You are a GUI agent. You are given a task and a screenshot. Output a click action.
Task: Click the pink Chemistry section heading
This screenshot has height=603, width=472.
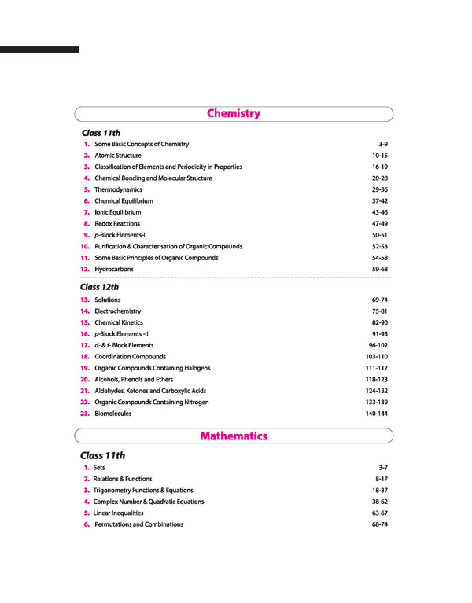[234, 113]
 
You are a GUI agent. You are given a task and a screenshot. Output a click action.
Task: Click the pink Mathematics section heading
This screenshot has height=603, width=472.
[234, 436]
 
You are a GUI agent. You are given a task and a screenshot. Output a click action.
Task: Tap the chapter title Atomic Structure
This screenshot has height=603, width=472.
[118, 156]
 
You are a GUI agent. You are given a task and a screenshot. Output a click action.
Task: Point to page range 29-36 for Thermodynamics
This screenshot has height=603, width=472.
[380, 189]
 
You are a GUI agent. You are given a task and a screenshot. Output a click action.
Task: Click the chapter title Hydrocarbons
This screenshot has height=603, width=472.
[114, 269]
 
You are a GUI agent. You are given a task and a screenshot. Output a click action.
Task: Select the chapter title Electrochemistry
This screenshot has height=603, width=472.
[118, 311]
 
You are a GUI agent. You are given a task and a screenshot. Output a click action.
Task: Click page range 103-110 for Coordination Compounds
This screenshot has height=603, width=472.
[377, 357]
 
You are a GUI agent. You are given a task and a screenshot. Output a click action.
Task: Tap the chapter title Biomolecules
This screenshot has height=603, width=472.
[113, 414]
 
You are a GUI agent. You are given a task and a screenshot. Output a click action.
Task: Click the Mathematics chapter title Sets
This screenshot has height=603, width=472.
[99, 468]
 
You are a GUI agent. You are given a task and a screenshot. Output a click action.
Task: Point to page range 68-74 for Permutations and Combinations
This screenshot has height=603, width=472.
[380, 524]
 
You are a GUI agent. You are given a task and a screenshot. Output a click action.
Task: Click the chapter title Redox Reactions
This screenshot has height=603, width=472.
[117, 224]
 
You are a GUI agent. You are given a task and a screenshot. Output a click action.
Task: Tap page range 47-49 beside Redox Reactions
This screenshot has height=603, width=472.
[380, 224]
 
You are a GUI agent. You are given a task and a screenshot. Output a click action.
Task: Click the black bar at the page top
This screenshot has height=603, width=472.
[39, 50]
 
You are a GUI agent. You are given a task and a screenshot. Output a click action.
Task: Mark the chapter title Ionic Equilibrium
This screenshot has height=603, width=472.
[118, 212]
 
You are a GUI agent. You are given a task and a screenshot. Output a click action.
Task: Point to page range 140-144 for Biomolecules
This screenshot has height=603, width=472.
[377, 414]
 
